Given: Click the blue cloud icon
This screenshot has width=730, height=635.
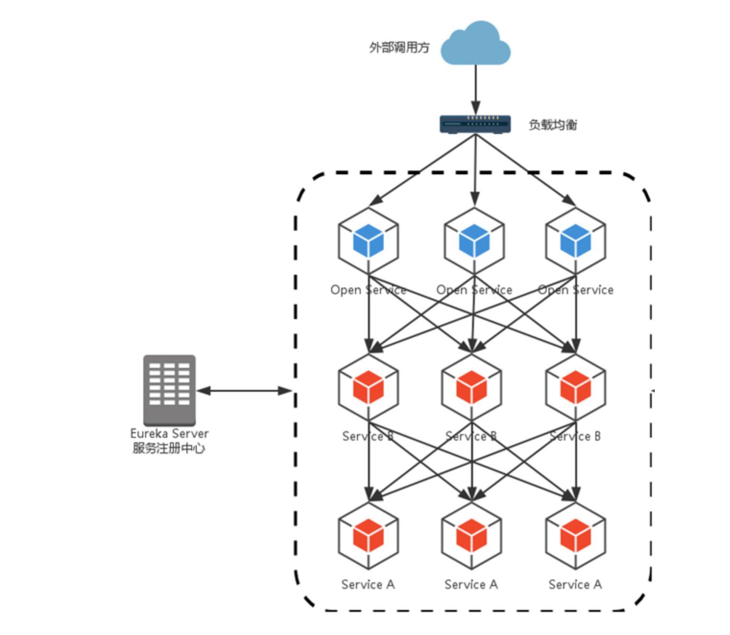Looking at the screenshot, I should (x=475, y=44).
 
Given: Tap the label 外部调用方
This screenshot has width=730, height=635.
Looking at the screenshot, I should (x=399, y=47).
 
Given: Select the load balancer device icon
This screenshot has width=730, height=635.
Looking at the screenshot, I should (x=475, y=124).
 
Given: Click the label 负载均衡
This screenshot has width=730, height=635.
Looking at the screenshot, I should (x=553, y=125).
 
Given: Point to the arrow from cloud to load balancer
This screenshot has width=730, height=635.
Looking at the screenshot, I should (x=475, y=89).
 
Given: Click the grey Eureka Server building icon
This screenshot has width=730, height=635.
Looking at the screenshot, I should (x=170, y=389).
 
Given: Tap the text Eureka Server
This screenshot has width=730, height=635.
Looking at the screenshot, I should (x=170, y=433).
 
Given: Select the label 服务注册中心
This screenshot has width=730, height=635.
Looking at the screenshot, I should (x=169, y=448).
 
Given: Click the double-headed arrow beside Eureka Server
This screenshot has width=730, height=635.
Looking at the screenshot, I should (x=244, y=391).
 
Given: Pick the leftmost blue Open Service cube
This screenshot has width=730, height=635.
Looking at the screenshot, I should (x=368, y=240).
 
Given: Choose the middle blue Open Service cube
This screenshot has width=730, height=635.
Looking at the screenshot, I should (x=474, y=240).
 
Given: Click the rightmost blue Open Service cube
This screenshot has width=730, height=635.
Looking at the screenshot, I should (x=576, y=240).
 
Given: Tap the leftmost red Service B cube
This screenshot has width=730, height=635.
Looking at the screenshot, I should (x=368, y=387).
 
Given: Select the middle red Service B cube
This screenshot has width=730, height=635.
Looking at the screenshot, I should (x=472, y=387).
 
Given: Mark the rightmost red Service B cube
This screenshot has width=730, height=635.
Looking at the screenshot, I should (x=576, y=387).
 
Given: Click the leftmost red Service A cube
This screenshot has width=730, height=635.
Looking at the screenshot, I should (x=368, y=535).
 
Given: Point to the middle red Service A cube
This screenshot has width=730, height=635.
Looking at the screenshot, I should (x=472, y=535).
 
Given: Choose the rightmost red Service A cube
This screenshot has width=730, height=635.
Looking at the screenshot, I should (x=576, y=535).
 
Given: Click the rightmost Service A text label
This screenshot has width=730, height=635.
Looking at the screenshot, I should (x=575, y=584).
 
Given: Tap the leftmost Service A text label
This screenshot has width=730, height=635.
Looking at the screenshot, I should (x=368, y=584).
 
